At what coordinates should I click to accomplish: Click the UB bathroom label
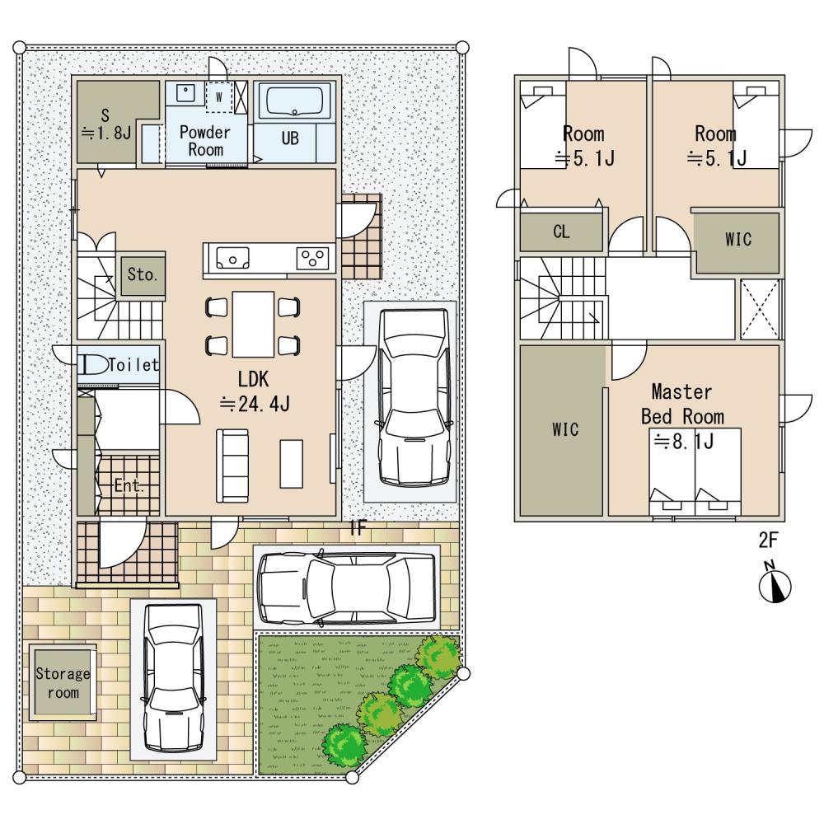[290, 138]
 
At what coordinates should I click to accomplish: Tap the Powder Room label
[205, 141]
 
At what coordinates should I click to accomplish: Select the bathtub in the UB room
[294, 101]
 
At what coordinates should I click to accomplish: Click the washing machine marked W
[218, 97]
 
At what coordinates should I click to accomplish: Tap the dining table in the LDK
[253, 324]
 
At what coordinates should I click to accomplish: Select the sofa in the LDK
[232, 466]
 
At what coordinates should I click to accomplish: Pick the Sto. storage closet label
[143, 275]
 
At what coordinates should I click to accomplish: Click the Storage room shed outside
[63, 682]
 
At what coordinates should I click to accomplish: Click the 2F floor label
[768, 541]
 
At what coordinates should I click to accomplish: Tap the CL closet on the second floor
[561, 232]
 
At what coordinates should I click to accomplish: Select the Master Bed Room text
[682, 404]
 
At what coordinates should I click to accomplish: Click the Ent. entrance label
[129, 485]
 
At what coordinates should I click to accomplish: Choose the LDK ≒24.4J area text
[254, 391]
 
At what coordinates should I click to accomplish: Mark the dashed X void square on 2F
[760, 310]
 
